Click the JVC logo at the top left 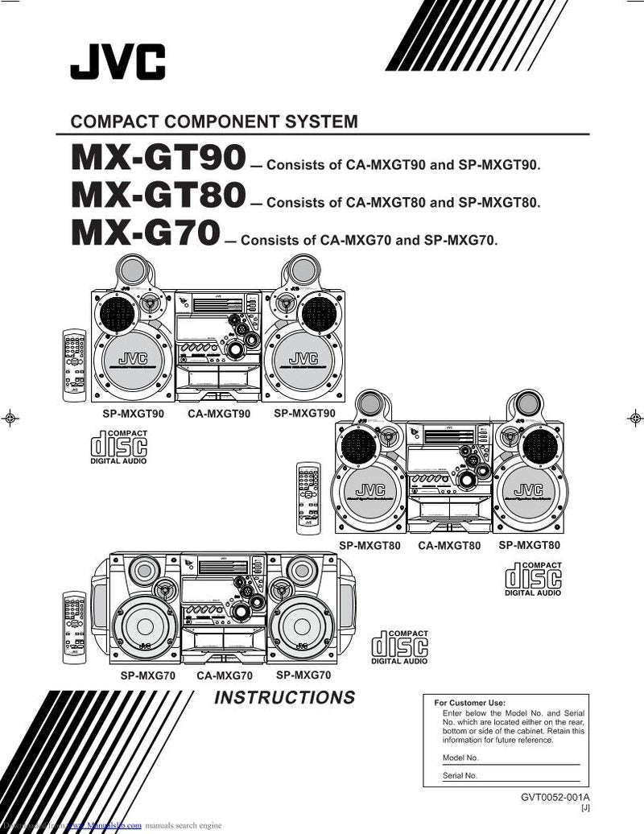[x=118, y=62]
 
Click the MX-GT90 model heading [x=158, y=158]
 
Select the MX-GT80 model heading [x=158, y=195]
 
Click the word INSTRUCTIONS [x=284, y=698]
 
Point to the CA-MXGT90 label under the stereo [x=219, y=414]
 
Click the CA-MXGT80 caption [x=449, y=546]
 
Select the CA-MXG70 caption [x=225, y=676]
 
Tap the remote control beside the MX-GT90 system [x=75, y=365]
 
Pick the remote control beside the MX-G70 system [x=75, y=625]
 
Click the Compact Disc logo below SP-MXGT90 [x=118, y=448]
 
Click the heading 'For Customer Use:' [x=469, y=703]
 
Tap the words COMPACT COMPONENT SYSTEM [x=214, y=122]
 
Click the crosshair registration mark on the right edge [x=635, y=417]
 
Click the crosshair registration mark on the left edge [x=9, y=417]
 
